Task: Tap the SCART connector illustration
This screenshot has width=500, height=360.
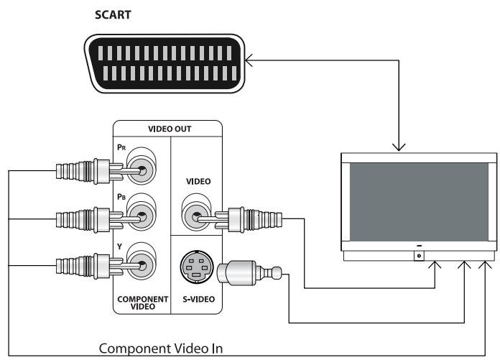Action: point(164,64)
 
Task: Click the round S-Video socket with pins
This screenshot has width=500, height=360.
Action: point(195,270)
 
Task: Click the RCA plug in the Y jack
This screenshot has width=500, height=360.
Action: point(86,265)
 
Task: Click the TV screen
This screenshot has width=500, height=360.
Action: point(419,203)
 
